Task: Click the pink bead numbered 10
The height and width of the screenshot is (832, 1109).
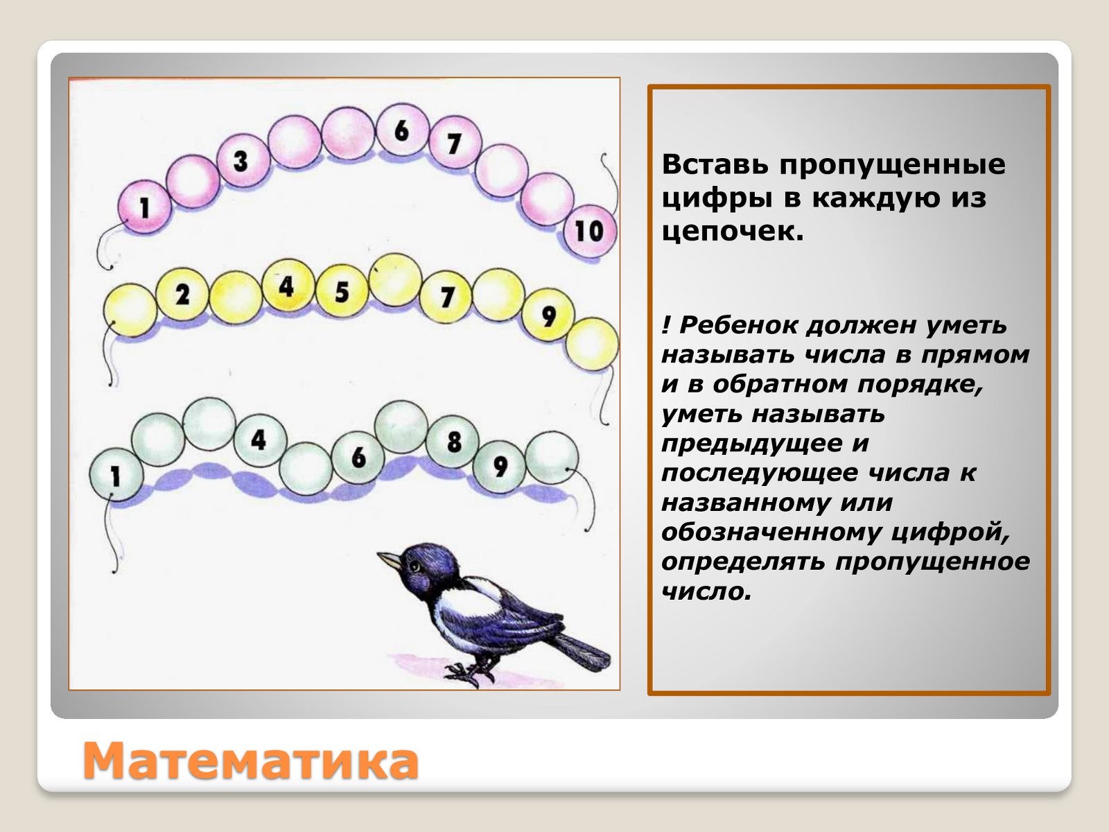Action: (590, 232)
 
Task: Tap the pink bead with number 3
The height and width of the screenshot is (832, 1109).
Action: (243, 161)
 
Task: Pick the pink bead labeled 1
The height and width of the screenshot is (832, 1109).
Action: (145, 207)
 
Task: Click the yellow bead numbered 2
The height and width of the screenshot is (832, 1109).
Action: (182, 294)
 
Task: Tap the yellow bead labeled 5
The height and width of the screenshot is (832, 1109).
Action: (342, 291)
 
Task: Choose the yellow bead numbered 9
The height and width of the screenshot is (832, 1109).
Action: (548, 315)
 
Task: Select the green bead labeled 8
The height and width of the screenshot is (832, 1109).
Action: (453, 442)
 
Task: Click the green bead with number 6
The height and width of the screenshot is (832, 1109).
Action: (358, 458)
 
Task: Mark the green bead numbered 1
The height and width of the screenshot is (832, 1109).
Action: (116, 475)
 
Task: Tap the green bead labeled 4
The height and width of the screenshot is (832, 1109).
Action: (261, 440)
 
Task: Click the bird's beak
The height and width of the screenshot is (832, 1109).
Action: (389, 560)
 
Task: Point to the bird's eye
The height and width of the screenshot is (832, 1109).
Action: (416, 566)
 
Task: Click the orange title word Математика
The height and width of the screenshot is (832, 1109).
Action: (251, 761)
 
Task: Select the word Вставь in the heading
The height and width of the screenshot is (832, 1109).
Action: (715, 164)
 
